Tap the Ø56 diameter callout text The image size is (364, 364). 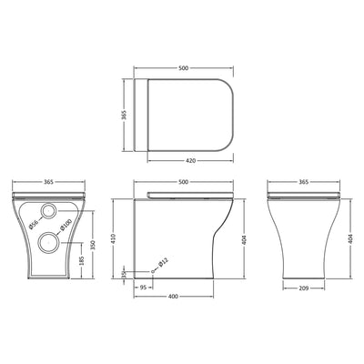point(32,224)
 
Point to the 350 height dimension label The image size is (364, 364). point(92,246)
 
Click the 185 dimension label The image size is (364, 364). point(83,264)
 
